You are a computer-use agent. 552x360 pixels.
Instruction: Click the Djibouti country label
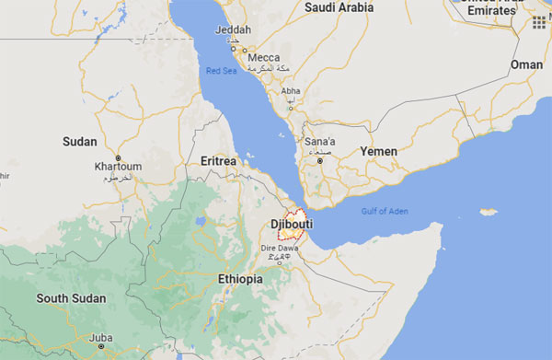point(293,224)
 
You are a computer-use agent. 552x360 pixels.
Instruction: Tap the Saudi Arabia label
point(339,7)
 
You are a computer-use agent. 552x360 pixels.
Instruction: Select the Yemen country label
point(379,151)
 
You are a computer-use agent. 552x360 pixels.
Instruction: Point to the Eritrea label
point(219,161)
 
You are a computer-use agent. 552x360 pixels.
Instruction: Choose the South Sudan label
point(71,298)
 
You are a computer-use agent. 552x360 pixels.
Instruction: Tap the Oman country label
point(526,64)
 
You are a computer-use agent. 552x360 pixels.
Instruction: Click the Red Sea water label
point(222,71)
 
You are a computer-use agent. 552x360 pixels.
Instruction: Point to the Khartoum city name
point(119,167)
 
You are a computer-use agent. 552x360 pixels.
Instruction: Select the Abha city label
point(291,91)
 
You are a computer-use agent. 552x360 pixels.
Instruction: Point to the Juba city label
point(102,338)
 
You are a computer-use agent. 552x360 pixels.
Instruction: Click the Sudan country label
point(78,141)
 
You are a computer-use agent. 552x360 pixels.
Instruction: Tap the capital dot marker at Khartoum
point(118,157)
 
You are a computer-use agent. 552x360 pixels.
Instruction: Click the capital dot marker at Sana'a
point(320,161)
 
